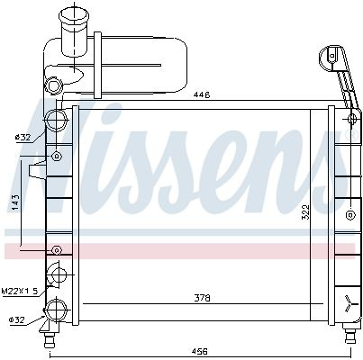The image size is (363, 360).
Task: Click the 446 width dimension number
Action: click(202, 95)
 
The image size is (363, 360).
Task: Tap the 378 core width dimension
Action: click(202, 298)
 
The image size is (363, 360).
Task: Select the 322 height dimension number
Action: click(305, 212)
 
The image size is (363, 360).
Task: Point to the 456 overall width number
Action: click(201, 351)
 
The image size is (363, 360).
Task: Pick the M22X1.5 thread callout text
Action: click(21, 291)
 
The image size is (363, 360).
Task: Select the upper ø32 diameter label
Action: click(23, 138)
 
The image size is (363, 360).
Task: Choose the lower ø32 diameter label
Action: click(16, 319)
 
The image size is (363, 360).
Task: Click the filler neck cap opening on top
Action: click(74, 14)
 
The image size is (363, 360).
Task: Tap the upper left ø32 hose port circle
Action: click(56, 120)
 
